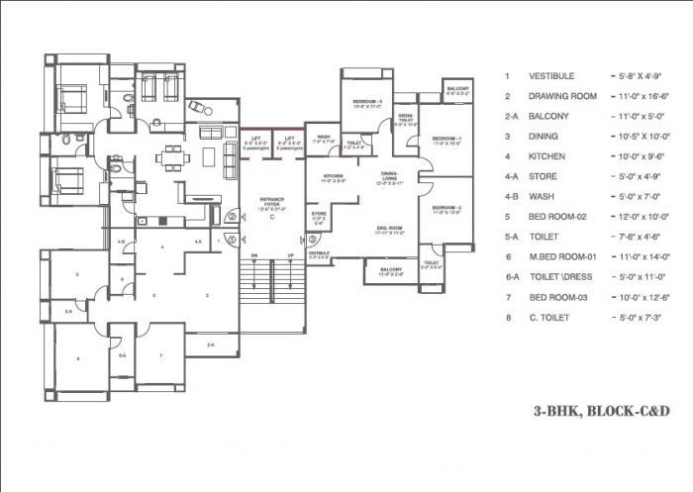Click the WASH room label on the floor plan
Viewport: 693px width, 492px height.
pos(323,138)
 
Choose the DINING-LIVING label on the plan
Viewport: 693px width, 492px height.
pos(390,178)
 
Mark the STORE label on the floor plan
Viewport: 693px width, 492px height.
pos(319,215)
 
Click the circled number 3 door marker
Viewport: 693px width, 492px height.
pos(230,239)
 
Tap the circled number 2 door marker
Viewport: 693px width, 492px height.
pos(231,217)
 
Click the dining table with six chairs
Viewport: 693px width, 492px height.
pos(173,157)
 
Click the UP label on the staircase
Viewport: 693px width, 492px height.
pos(288,255)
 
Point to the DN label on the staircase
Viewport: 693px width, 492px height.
pos(253,255)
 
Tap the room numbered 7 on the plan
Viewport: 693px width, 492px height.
pos(159,354)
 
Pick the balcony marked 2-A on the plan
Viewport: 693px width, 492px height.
pos(209,344)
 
